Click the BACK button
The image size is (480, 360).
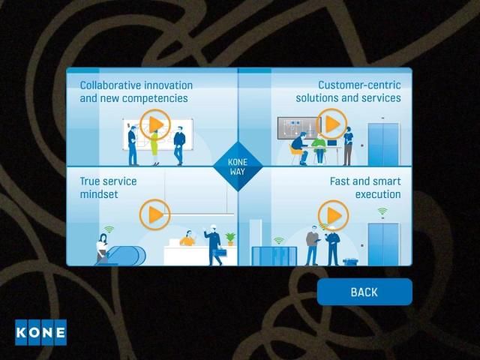(x=364, y=292)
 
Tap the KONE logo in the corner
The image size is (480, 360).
(x=40, y=332)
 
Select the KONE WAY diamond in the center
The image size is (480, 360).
(x=238, y=166)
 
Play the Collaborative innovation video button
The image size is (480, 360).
(x=155, y=124)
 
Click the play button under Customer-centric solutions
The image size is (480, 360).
(x=331, y=124)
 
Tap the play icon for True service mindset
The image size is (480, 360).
(x=155, y=214)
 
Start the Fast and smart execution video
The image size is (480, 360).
(x=333, y=215)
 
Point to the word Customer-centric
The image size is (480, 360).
(x=359, y=85)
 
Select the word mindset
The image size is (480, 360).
(x=99, y=194)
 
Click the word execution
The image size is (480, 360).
(x=378, y=194)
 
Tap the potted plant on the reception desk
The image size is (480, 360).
(x=230, y=239)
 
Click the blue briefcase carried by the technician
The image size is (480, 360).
(x=220, y=252)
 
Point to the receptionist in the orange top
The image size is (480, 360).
(x=187, y=238)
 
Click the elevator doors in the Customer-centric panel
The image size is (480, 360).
(x=383, y=144)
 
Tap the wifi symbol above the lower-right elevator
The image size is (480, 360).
(x=382, y=211)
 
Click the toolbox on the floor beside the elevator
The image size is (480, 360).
(x=350, y=262)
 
